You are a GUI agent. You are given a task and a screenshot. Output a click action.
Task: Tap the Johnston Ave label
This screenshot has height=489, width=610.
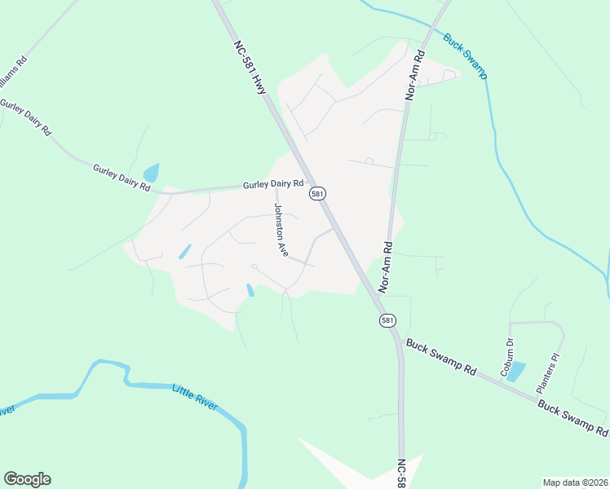click(281, 231)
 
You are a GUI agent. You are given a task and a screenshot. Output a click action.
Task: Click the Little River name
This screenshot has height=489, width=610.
click(195, 397)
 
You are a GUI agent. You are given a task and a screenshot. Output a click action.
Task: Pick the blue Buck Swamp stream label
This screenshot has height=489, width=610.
click(465, 55)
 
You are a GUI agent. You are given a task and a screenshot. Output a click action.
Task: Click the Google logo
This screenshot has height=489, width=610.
click(27, 479)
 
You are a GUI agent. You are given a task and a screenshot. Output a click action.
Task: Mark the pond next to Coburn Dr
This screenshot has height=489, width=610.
click(516, 372)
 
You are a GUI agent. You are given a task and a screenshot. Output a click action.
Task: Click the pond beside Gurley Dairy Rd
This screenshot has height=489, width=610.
click(151, 173)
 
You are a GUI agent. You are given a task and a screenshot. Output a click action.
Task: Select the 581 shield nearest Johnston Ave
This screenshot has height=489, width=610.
click(317, 193)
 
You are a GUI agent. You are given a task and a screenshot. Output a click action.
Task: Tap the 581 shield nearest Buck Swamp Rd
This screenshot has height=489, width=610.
click(387, 320)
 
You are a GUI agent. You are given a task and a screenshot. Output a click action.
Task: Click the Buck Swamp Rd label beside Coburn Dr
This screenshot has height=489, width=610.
click(442, 356)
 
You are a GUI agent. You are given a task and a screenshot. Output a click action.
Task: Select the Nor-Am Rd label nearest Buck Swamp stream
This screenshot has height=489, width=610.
click(417, 76)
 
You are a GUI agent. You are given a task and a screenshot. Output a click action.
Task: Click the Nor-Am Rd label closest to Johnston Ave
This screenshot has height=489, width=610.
click(386, 267)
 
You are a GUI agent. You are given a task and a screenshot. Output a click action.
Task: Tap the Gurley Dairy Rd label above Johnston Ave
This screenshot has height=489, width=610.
click(273, 185)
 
